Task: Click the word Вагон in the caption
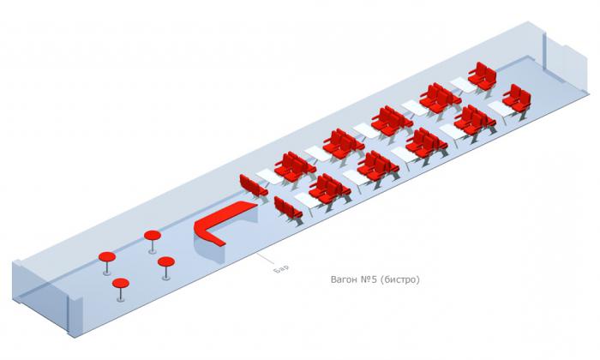[x=345, y=279]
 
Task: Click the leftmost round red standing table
[x=108, y=256]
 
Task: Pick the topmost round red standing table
[x=153, y=235]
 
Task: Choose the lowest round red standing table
[x=121, y=284]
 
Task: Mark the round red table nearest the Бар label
[x=166, y=262]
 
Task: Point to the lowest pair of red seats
[x=286, y=208]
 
